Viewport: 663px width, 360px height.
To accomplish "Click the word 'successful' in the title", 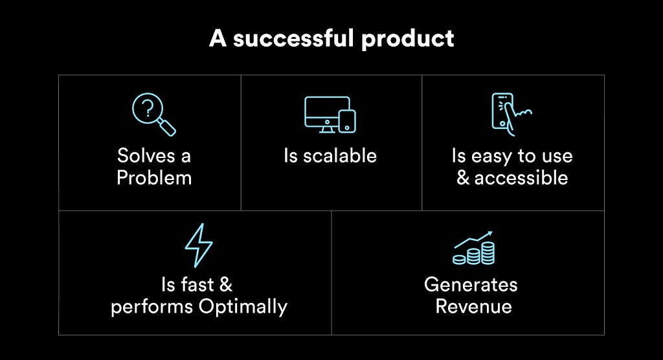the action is click(x=295, y=38).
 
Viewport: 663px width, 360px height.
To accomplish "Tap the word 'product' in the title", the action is click(x=408, y=39).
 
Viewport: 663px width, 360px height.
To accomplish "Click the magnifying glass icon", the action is click(x=153, y=114).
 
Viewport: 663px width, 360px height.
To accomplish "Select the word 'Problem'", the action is click(x=154, y=177).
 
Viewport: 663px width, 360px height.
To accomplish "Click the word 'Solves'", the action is click(x=146, y=155).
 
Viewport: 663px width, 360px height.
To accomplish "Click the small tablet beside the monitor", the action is click(x=347, y=121).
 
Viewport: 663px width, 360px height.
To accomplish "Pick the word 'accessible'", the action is click(x=521, y=177).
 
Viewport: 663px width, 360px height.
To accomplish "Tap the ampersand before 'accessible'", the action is click(x=463, y=177).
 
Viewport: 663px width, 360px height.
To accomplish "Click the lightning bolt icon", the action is click(x=199, y=245).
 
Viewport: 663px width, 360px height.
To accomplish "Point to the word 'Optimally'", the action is click(x=243, y=307).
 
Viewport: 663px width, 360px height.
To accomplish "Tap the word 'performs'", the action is click(x=152, y=307).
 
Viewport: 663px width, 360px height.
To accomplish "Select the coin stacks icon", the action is click(x=473, y=248).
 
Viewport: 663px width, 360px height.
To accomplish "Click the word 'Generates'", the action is click(x=471, y=284).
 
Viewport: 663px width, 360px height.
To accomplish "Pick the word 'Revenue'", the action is click(x=473, y=306).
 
